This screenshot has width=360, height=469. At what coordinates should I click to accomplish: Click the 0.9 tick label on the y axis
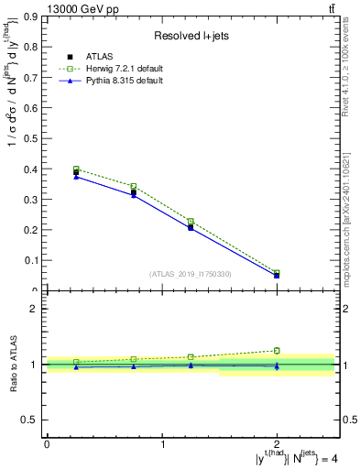tap(30, 16)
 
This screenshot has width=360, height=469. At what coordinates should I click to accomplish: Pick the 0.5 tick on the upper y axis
tap(30, 138)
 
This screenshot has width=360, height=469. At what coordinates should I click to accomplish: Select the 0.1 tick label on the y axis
tap(30, 260)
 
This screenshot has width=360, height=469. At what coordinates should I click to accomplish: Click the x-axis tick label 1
tap(163, 443)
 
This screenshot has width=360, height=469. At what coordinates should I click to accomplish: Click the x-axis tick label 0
tap(47, 443)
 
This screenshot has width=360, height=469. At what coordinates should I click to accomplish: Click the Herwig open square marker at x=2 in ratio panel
tap(277, 350)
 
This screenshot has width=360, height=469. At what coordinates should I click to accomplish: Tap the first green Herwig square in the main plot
tap(76, 169)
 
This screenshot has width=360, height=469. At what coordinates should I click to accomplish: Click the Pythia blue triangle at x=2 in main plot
tap(277, 275)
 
